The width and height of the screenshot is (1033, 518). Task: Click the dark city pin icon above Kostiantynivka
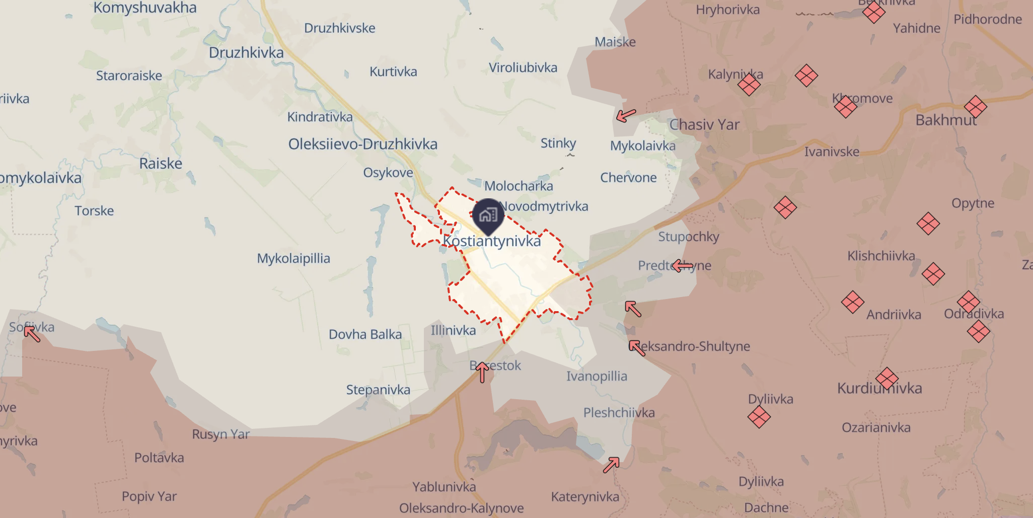click(x=488, y=215)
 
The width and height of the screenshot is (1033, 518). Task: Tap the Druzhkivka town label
click(x=246, y=53)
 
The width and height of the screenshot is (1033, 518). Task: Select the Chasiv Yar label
click(x=704, y=125)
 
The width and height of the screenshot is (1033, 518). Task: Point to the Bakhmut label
click(x=946, y=120)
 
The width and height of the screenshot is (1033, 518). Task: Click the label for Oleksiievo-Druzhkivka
click(x=362, y=144)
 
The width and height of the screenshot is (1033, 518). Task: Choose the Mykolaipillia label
click(x=293, y=259)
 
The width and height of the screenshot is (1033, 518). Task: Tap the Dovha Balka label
click(x=365, y=335)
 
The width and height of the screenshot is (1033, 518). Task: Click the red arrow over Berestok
click(x=482, y=372)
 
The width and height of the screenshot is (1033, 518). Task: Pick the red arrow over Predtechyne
click(x=683, y=265)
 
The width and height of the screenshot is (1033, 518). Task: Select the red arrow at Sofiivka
click(x=32, y=334)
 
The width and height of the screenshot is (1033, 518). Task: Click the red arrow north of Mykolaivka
click(x=626, y=116)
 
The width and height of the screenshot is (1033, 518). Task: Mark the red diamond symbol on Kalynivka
click(x=749, y=84)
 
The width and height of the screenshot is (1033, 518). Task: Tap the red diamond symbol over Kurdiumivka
click(x=887, y=379)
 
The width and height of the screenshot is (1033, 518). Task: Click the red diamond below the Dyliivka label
click(x=759, y=417)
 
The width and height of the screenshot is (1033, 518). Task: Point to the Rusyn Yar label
click(x=220, y=434)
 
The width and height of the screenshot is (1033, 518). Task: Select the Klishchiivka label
click(x=881, y=256)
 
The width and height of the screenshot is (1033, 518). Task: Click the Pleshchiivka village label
click(x=619, y=413)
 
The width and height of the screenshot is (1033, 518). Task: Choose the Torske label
click(x=94, y=211)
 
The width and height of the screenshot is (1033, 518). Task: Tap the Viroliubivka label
click(x=523, y=68)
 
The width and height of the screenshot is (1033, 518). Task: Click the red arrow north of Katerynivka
click(x=611, y=465)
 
